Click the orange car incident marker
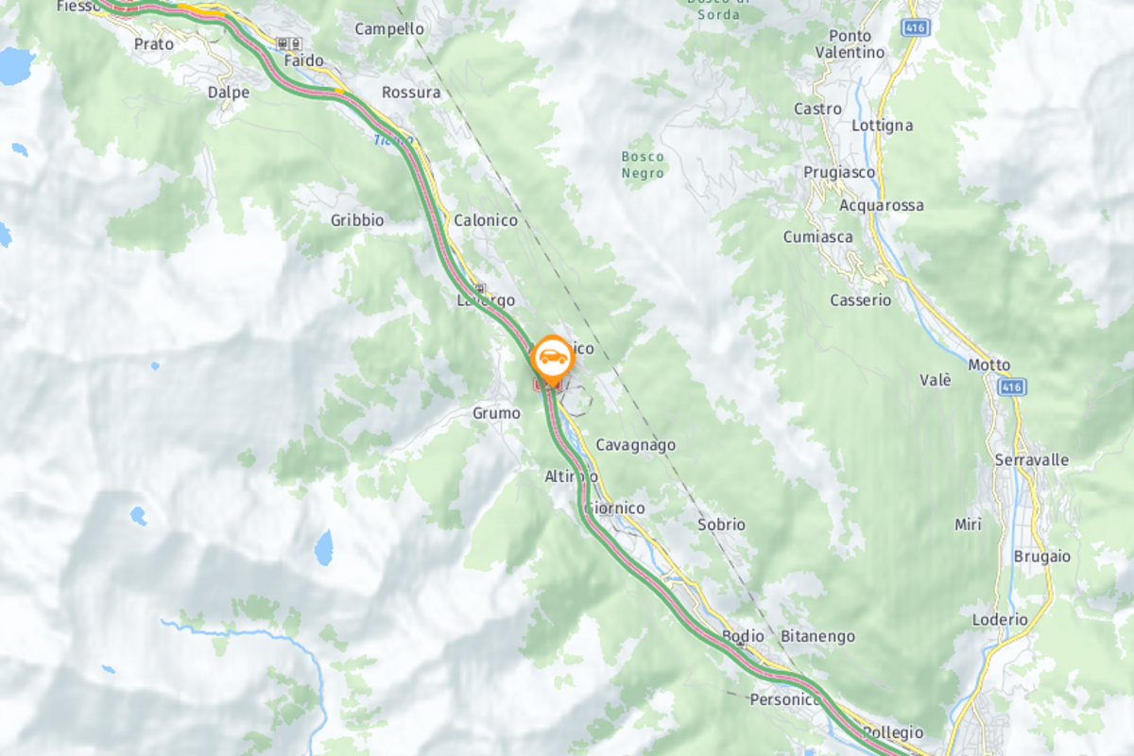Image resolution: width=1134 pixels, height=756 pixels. coord(551,358)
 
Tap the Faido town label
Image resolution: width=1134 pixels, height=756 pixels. coord(303,60)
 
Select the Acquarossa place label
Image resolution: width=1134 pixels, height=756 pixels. coord(882,205)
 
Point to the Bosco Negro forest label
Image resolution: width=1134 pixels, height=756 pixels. coord(643,163)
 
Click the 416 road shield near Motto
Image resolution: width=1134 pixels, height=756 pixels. coord(1011,387)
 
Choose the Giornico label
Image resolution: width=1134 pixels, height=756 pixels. coord(615,508)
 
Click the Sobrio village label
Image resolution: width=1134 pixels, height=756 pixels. coord(721,524)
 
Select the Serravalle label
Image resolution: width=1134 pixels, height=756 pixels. coord(1031,460)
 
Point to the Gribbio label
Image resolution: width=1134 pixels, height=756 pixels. coord(357,220)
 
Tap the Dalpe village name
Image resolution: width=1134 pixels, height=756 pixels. coord(229,93)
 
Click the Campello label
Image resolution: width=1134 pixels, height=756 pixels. coord(389,29)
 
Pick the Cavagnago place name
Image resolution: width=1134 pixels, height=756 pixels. coord(635,445)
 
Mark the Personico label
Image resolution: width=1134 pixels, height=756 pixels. coord(785,700)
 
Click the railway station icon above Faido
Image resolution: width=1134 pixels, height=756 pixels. coord(288,43)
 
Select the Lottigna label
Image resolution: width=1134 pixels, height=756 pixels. coord(882,126)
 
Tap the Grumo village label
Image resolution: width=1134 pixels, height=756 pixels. coord(496,414)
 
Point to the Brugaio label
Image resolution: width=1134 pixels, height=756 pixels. coord(1042,557)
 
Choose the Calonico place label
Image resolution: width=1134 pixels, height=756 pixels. coord(486,220)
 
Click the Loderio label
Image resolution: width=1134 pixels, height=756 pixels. coord(1000,620)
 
